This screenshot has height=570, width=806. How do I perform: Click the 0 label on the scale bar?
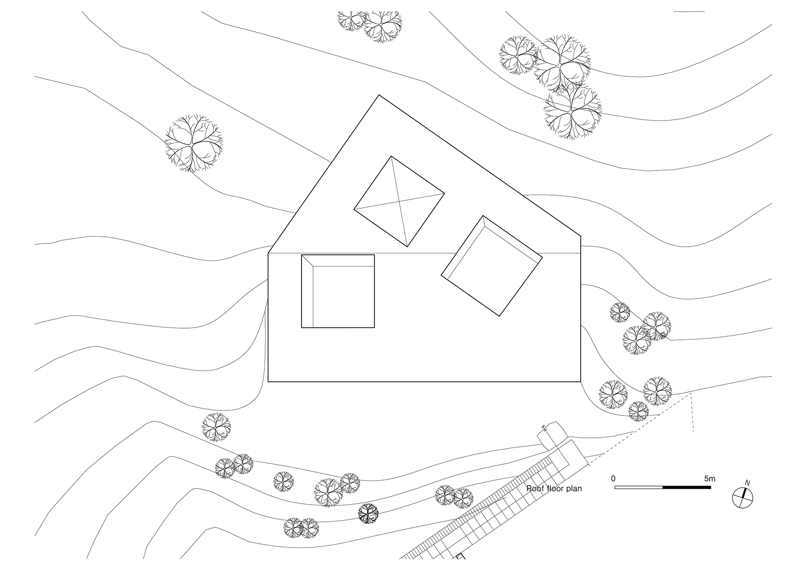point(613,479)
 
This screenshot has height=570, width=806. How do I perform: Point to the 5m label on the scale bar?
point(709,479)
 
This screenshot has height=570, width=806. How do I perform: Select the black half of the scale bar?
point(686,487)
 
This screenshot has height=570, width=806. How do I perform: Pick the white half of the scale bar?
point(639,487)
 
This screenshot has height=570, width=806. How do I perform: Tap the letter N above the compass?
point(748,483)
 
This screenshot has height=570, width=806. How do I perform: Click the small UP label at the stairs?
point(543,427)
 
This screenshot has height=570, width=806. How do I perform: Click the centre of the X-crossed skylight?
point(399,201)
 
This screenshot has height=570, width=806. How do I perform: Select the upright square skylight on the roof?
point(338,291)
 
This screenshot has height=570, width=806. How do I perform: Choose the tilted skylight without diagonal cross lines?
point(492,266)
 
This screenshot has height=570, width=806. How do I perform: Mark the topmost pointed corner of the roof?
point(379,95)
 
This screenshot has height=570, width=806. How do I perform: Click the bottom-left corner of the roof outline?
point(268,381)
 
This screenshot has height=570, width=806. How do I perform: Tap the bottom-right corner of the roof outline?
point(581,381)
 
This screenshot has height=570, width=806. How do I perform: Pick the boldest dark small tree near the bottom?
point(368,514)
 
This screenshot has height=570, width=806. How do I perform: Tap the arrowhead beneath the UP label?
point(544,431)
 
